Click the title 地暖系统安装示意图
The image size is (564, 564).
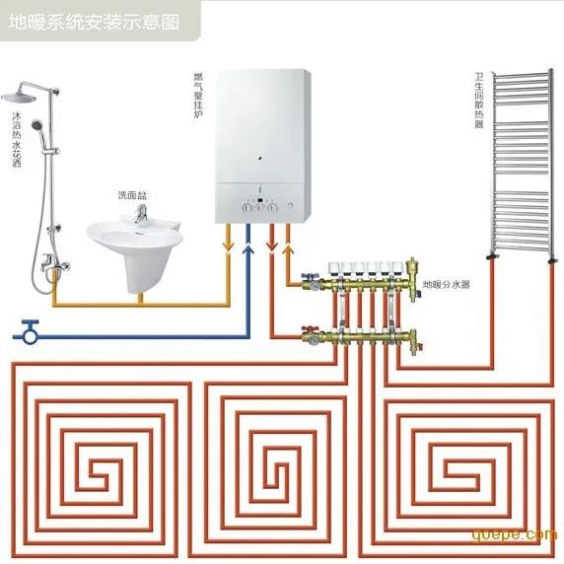94,22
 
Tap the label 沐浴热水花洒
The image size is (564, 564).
17,139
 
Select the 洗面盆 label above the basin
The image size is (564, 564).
132,195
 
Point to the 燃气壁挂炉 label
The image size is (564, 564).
198,96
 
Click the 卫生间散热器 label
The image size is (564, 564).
479,100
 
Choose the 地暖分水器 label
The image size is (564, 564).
446,284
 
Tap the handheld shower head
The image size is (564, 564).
37,125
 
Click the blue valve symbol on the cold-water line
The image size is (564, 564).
30,332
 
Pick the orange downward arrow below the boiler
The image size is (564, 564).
228,247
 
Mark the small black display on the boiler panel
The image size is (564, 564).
259,200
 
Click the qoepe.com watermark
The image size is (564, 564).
515,534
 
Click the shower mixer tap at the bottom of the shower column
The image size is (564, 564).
54,262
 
